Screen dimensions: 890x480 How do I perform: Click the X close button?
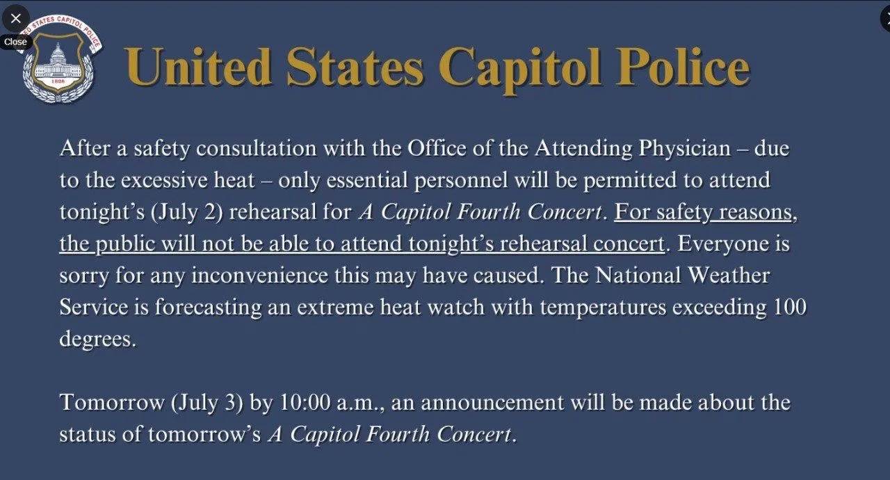(15, 18)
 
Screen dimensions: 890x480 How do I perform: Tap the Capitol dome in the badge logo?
(58, 54)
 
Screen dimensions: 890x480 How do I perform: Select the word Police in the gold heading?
(683, 67)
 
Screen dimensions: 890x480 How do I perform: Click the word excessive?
(164, 180)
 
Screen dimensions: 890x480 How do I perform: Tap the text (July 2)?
(187, 212)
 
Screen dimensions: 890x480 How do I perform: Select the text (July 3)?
(207, 403)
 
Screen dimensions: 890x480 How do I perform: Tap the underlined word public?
(125, 244)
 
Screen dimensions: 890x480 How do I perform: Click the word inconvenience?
(259, 275)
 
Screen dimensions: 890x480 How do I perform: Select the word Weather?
(729, 275)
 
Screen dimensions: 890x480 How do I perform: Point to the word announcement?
(492, 403)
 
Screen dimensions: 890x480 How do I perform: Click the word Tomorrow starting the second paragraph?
(112, 402)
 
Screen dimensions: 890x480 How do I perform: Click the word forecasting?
(208, 308)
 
